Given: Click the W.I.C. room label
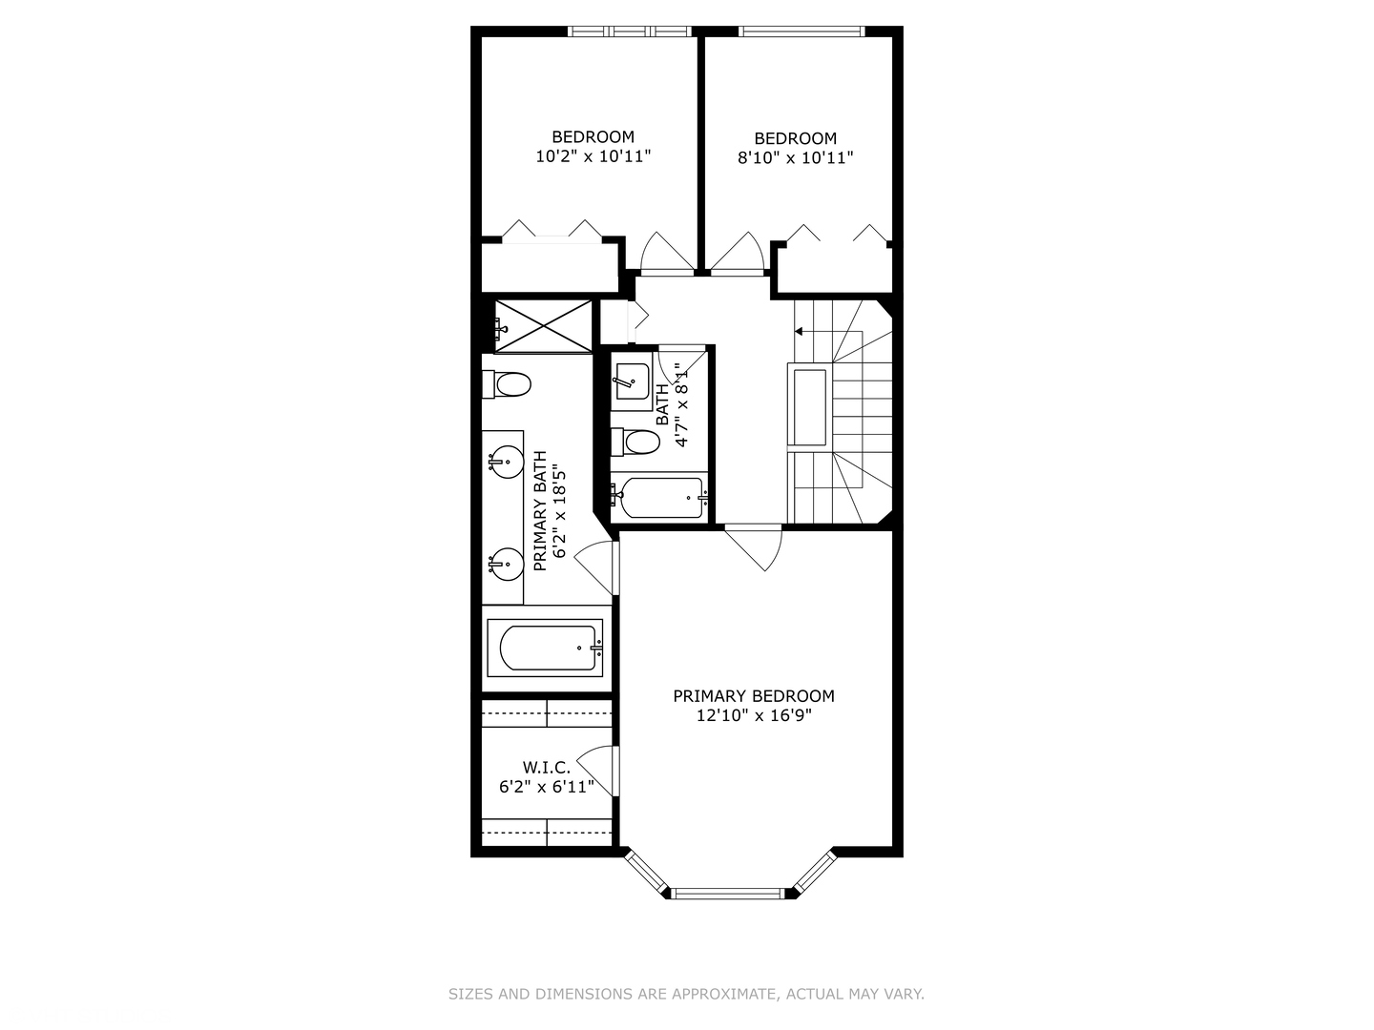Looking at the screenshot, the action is pyautogui.click(x=547, y=767).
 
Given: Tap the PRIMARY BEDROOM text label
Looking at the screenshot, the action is pyautogui.click(x=754, y=696).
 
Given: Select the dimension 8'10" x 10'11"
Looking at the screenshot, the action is pyautogui.click(x=795, y=157).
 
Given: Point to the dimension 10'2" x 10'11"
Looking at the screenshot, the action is pyautogui.click(x=593, y=156).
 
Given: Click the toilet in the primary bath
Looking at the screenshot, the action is pyautogui.click(x=506, y=384).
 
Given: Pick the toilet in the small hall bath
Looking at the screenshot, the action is pyautogui.click(x=635, y=443).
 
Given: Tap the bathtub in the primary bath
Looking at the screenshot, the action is pyautogui.click(x=545, y=648).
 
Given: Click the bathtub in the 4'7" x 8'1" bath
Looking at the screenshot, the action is pyautogui.click(x=659, y=497).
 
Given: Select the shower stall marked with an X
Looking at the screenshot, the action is pyautogui.click(x=543, y=326).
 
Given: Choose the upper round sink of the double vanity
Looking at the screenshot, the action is pyautogui.click(x=505, y=463).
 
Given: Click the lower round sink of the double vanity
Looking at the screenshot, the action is pyautogui.click(x=505, y=565).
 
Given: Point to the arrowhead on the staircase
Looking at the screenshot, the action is pyautogui.click(x=799, y=332).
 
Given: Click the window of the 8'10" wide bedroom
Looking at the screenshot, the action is pyautogui.click(x=801, y=31).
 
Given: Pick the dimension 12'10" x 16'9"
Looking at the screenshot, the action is pyautogui.click(x=754, y=715).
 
